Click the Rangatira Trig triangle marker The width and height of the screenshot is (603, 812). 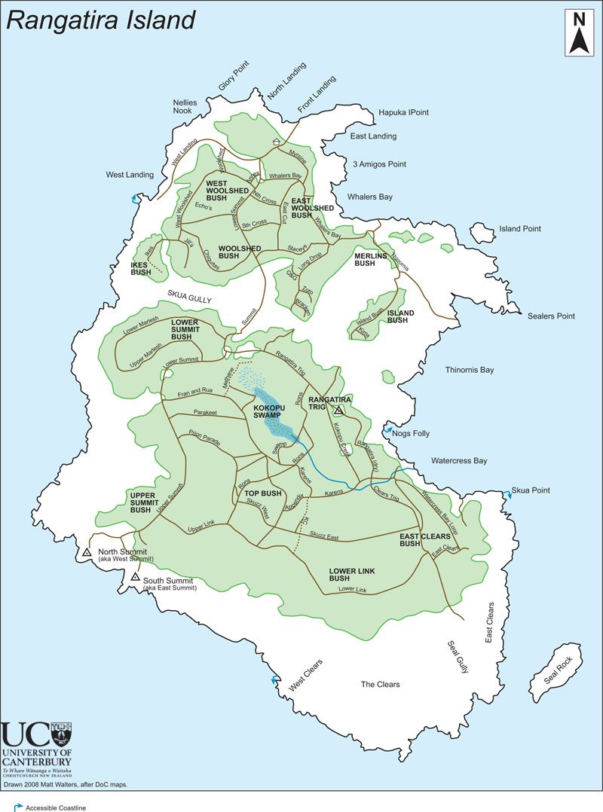[339, 411]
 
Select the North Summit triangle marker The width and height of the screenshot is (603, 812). [88, 553]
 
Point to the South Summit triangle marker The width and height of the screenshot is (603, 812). [134, 577]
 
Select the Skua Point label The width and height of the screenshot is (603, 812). [531, 490]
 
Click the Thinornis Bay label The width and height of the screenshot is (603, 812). [469, 370]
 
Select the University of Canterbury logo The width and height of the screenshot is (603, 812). [38, 750]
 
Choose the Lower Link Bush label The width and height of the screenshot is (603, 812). [352, 575]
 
